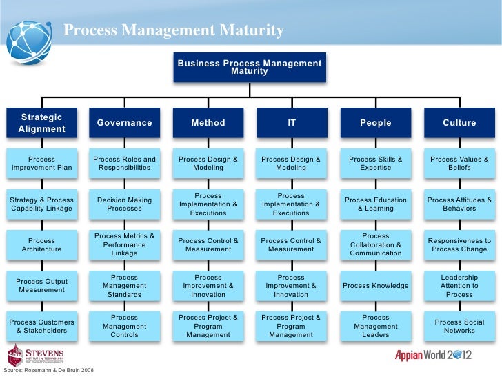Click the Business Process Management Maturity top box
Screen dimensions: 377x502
point(249,67)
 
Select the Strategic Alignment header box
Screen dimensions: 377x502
point(41,123)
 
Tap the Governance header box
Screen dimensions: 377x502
point(125,123)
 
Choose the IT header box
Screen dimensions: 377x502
point(291,123)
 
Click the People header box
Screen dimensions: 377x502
point(375,123)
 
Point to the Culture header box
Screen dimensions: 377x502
point(459,123)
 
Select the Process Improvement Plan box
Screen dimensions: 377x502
point(41,163)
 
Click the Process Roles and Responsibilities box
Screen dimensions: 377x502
point(125,163)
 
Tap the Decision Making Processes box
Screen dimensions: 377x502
point(125,204)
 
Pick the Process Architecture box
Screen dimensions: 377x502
point(41,244)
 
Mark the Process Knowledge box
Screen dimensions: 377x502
point(375,285)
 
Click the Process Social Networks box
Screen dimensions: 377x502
point(459,326)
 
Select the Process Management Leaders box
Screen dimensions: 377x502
point(375,326)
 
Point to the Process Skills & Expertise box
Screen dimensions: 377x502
point(375,163)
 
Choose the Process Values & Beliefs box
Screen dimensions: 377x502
point(459,163)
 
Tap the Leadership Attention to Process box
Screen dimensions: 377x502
point(459,285)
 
